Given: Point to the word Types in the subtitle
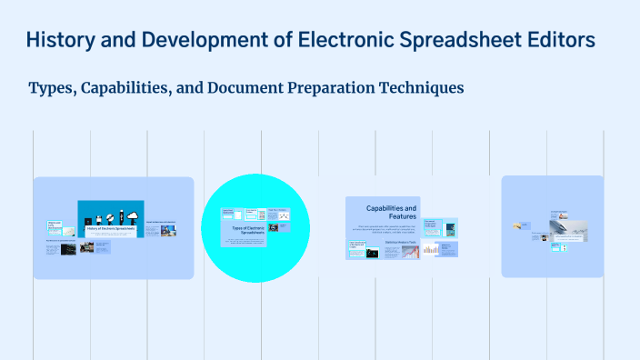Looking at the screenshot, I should [x=52, y=88].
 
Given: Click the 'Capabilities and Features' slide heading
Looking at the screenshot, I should [x=391, y=213].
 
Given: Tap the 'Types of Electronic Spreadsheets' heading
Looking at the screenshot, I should [x=248, y=231].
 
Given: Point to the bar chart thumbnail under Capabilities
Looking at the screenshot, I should [x=430, y=249].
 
